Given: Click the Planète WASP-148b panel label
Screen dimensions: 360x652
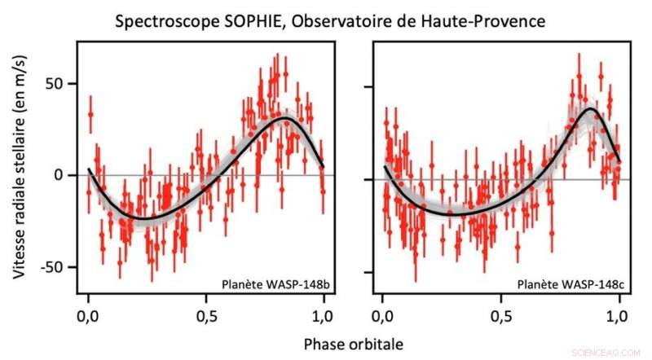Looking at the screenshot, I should (271, 284).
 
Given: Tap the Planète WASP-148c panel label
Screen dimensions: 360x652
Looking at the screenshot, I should (566, 284).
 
